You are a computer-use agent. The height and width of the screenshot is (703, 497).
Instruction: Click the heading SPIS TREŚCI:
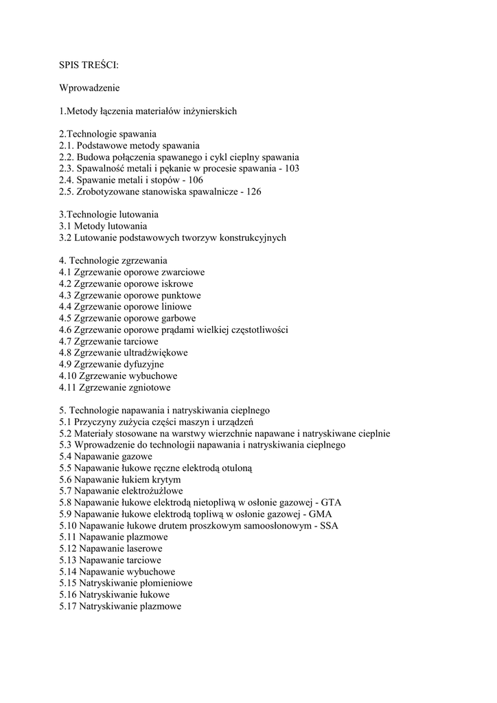[89, 66]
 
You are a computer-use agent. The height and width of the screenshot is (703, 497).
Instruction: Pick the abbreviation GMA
[333, 514]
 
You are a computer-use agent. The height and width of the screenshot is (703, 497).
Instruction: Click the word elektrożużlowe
[151, 492]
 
